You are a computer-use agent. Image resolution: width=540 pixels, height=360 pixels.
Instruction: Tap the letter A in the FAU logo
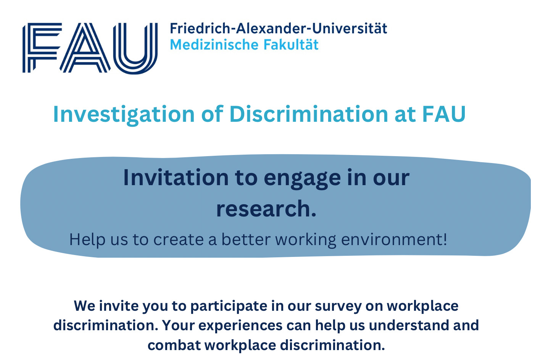point(85,48)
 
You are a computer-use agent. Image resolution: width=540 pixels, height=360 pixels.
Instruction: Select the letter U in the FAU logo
point(135,48)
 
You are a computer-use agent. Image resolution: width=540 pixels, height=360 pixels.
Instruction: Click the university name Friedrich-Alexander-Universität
point(278,29)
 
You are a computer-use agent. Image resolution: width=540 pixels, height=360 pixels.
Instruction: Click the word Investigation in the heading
point(124,114)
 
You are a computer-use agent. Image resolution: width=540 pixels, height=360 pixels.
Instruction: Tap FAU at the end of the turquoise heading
point(444,114)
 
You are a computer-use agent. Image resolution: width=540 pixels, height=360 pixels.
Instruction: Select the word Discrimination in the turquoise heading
point(309,114)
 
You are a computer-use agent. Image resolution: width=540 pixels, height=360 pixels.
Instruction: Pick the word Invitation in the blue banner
point(176,178)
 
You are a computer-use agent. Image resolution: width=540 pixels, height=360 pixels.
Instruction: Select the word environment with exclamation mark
point(394,240)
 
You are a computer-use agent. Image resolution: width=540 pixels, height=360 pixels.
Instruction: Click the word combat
point(174,345)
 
